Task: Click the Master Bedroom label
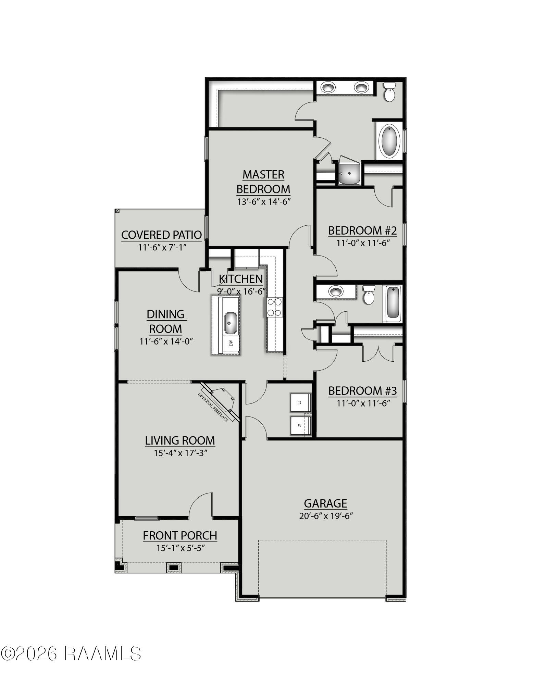pos(263,182)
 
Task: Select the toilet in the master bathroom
pos(389,92)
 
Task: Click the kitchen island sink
pos(230,323)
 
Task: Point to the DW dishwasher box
pos(231,343)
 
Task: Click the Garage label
pos(325,503)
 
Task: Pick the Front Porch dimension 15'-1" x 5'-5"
pos(181,548)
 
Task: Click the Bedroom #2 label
pos(362,231)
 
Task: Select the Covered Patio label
pos(161,235)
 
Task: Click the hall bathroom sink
pos(336,292)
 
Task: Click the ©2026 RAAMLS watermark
pos(71,653)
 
